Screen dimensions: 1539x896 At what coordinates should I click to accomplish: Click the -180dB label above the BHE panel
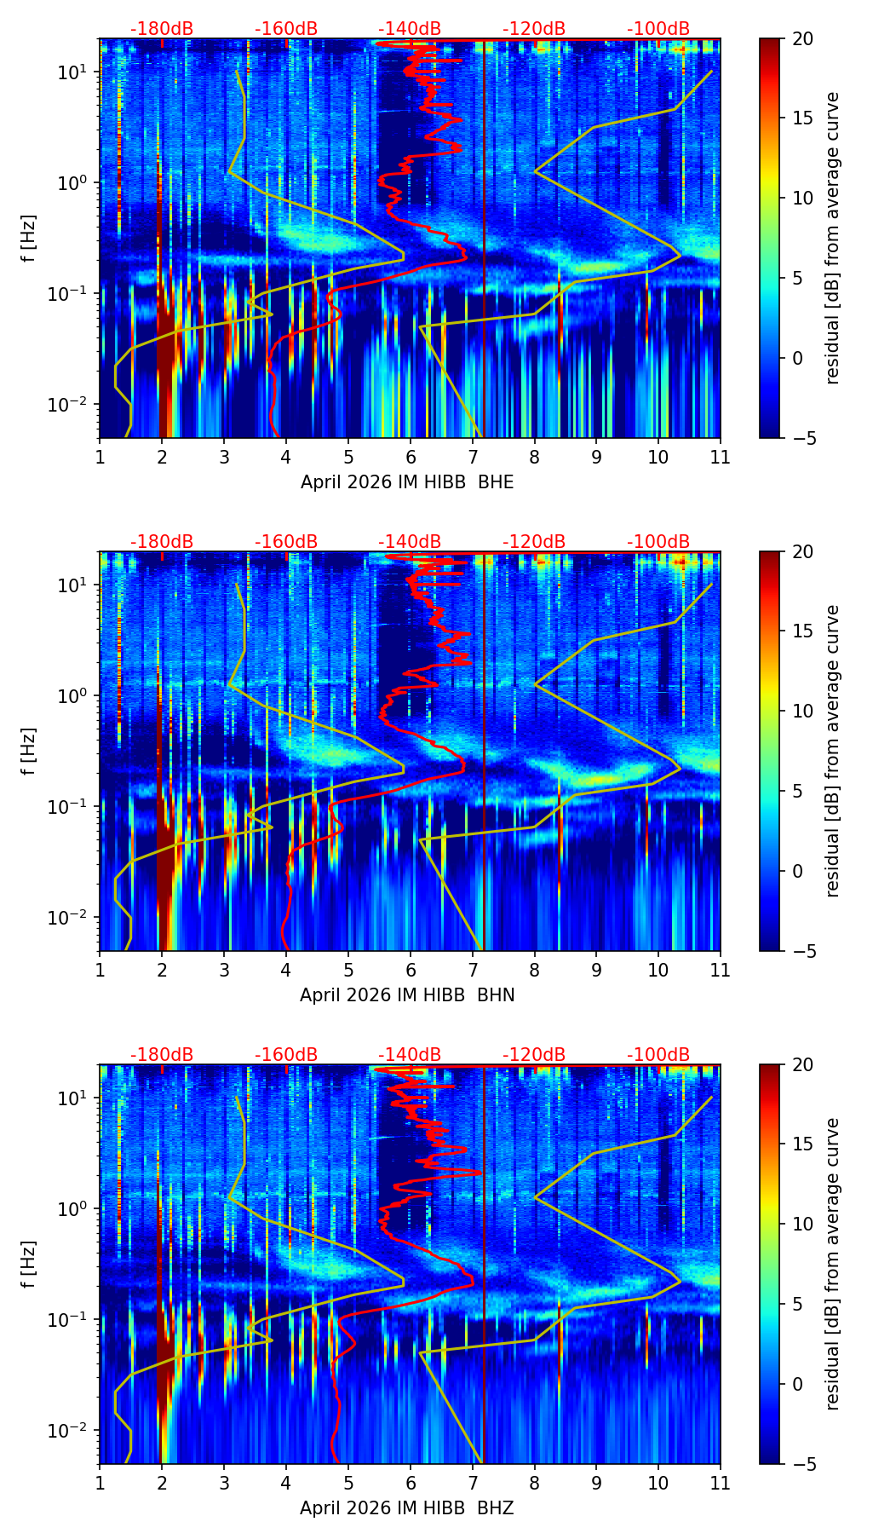(x=162, y=29)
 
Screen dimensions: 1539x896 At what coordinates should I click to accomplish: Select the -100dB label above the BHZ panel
(x=658, y=1055)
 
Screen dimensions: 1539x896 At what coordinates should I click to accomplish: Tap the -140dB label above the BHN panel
(x=410, y=542)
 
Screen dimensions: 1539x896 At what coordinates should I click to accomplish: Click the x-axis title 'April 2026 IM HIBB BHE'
(x=407, y=482)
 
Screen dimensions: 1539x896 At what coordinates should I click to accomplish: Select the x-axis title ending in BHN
(x=407, y=995)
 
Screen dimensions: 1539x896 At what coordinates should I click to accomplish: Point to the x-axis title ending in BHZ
(x=407, y=1508)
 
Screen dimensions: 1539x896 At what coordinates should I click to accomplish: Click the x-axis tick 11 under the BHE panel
(x=721, y=457)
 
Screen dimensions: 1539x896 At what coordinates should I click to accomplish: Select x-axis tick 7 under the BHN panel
(x=472, y=970)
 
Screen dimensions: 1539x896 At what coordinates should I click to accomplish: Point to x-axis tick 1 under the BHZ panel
(x=100, y=1483)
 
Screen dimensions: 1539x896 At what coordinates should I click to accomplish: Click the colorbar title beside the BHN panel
(x=832, y=751)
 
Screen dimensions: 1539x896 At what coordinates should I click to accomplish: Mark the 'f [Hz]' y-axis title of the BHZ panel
(x=29, y=1264)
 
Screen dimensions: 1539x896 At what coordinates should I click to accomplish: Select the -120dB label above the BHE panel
(x=534, y=29)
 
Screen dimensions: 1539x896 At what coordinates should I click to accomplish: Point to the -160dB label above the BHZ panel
(x=286, y=1055)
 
